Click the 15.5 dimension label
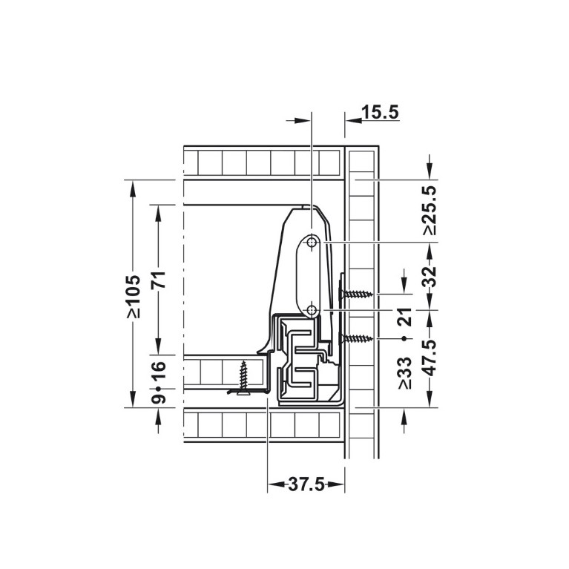[x=381, y=112]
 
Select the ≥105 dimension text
[x=134, y=297]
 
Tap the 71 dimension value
[x=159, y=280]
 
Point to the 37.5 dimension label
[x=306, y=484]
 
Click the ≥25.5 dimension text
[x=430, y=210]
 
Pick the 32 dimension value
[x=430, y=277]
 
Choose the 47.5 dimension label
[x=430, y=358]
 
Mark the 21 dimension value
[x=404, y=316]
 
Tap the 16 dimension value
[x=159, y=370]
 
